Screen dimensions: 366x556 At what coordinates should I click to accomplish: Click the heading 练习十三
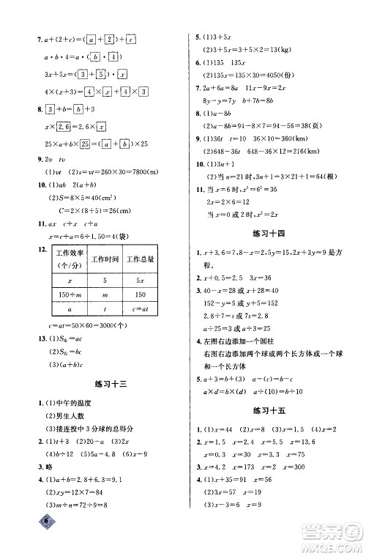(x=107, y=383)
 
